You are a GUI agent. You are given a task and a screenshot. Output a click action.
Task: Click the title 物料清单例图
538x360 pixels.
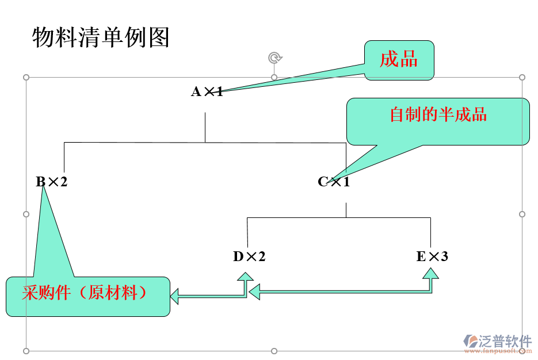(101, 37)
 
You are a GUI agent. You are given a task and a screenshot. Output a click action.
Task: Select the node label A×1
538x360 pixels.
(207, 91)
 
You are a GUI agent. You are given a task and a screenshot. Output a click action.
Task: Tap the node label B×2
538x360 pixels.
(52, 182)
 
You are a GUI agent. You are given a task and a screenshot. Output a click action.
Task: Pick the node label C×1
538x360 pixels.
(334, 182)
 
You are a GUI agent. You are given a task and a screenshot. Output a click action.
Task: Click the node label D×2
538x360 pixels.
(249, 256)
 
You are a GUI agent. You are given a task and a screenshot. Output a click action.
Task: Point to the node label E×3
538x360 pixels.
(432, 256)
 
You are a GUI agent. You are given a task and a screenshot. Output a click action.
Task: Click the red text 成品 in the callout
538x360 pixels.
(398, 59)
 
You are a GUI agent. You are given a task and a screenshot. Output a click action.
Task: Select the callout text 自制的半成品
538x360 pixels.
(438, 114)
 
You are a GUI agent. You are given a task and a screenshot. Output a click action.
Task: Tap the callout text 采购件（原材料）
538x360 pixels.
(85, 293)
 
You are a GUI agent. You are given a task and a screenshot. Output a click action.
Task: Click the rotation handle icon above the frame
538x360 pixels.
(275, 58)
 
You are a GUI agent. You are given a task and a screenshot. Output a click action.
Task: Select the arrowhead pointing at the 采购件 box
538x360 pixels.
(175, 297)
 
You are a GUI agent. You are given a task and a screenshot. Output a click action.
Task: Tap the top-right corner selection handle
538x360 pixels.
(522, 77)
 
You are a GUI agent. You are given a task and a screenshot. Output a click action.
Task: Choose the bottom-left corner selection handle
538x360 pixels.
(26, 351)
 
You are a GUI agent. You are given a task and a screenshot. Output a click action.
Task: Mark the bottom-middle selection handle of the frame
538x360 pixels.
(274, 351)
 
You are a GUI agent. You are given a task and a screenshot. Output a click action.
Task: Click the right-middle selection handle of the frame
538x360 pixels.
(522, 214)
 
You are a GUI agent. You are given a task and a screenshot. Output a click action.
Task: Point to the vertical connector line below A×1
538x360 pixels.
(205, 127)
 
